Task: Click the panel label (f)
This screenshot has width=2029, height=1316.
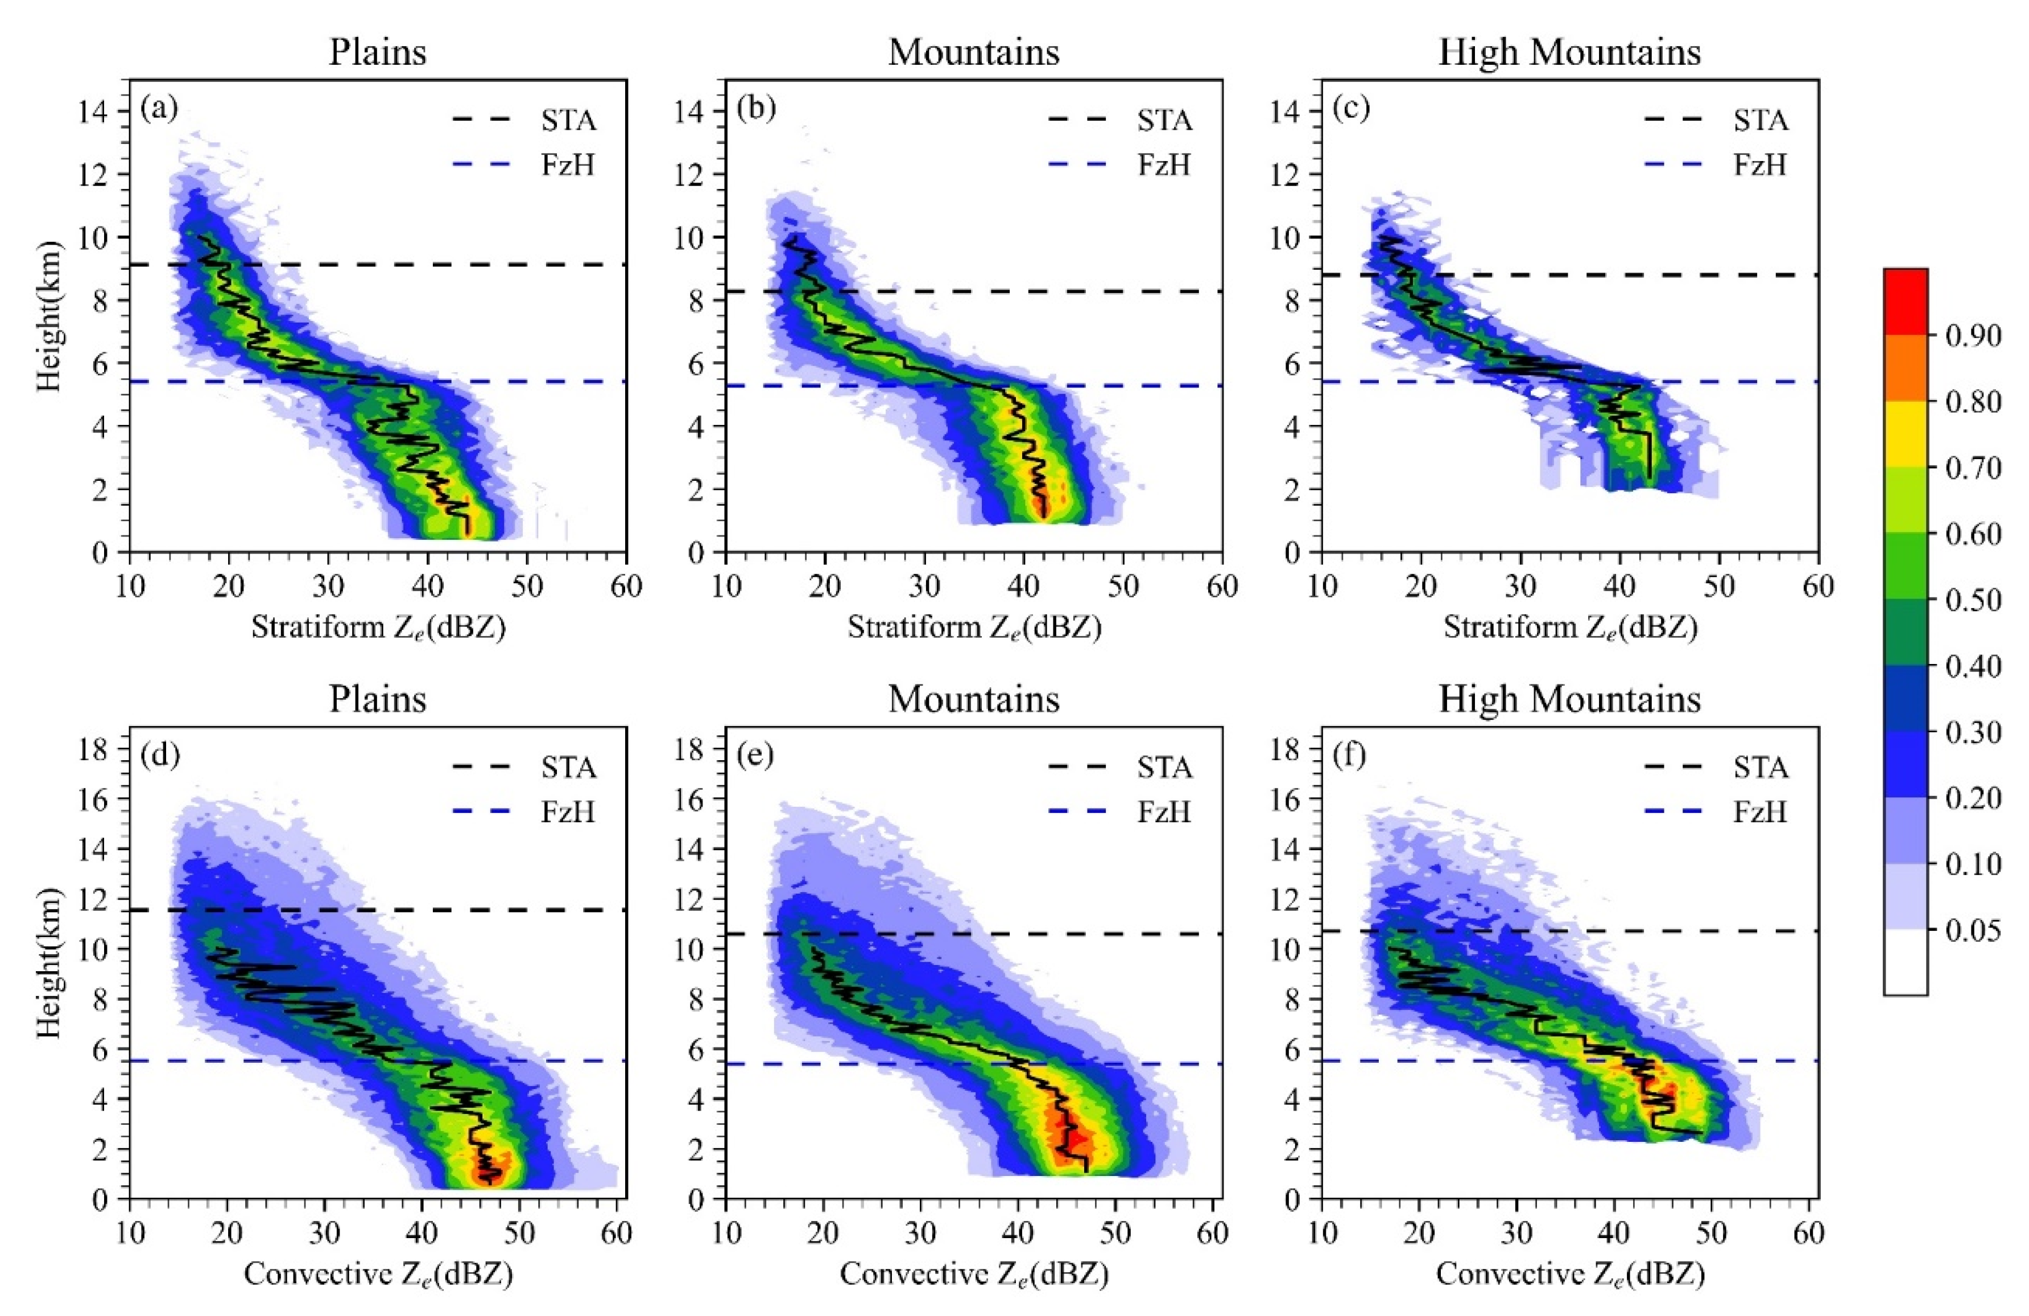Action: [x=1352, y=756]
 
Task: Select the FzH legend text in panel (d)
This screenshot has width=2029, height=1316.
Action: [x=568, y=811]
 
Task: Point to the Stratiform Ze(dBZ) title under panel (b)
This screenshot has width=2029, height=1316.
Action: [x=974, y=628]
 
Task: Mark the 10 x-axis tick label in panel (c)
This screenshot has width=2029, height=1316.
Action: [x=1321, y=587]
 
